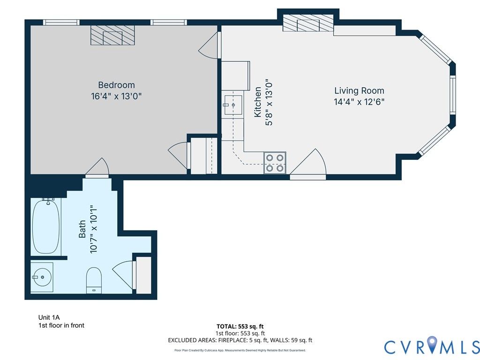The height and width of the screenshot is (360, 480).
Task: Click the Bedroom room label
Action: pyautogui.click(x=116, y=85)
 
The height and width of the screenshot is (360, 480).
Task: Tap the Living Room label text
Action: pyautogui.click(x=359, y=90)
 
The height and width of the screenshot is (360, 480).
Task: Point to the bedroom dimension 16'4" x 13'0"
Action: pyautogui.click(x=116, y=96)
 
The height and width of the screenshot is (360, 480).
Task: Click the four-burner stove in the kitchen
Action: pyautogui.click(x=275, y=163)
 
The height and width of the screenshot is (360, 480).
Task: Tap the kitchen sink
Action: pyautogui.click(x=233, y=105)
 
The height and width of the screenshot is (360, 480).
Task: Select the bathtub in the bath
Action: pyautogui.click(x=46, y=226)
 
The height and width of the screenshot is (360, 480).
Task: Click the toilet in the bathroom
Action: pyautogui.click(x=94, y=280)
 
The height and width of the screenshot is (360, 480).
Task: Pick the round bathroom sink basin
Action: pyautogui.click(x=42, y=277)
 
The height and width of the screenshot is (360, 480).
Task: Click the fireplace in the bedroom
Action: pyautogui.click(x=112, y=35)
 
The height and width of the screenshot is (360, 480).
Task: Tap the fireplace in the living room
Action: pyautogui.click(x=308, y=23)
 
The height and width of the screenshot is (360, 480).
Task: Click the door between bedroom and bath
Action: pyautogui.click(x=97, y=168)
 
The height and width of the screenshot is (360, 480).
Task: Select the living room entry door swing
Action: pyautogui.click(x=308, y=164)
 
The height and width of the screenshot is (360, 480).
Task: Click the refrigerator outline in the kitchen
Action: pyautogui.click(x=235, y=75)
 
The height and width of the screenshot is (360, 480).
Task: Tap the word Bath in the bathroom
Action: pyautogui.click(x=82, y=229)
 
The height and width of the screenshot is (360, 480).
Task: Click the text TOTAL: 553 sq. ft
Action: pyautogui.click(x=240, y=326)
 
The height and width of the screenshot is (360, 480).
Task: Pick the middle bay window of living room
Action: pyautogui.click(x=452, y=95)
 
